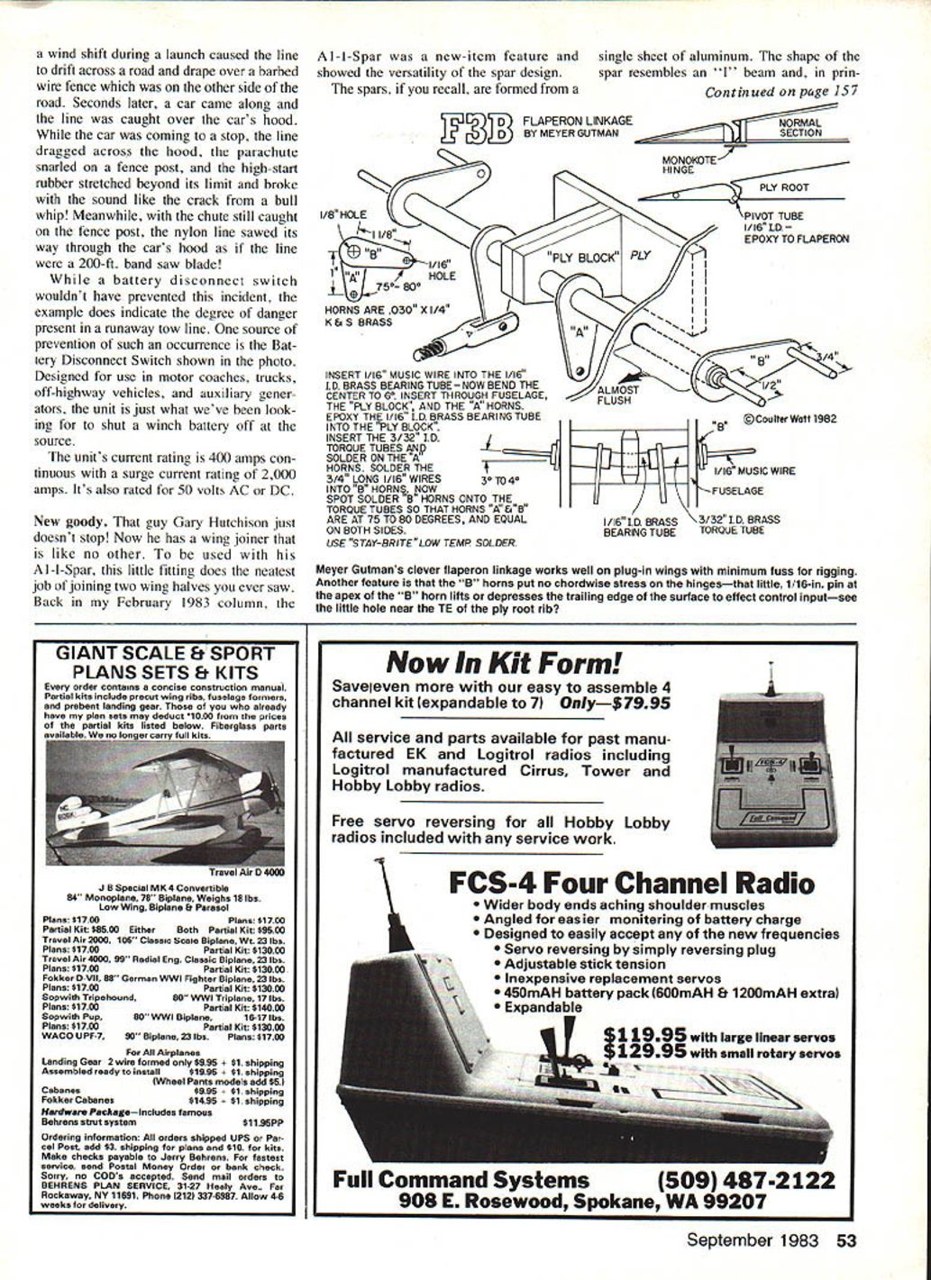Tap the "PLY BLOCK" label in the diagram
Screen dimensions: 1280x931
[582, 257]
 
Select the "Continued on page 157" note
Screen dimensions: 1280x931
[780, 92]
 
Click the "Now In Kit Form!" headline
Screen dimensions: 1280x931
[503, 664]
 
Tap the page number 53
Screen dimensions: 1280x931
[846, 1240]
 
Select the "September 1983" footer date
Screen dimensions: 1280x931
[752, 1240]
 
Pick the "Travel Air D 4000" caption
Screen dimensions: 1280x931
[245, 871]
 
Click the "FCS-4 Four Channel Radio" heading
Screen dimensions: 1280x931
[631, 883]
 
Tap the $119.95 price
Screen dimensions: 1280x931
[644, 1036]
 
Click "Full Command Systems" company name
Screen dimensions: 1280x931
[461, 1180]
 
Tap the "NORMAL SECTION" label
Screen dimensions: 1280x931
[799, 127]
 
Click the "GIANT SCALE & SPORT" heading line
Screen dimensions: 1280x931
[164, 654]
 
